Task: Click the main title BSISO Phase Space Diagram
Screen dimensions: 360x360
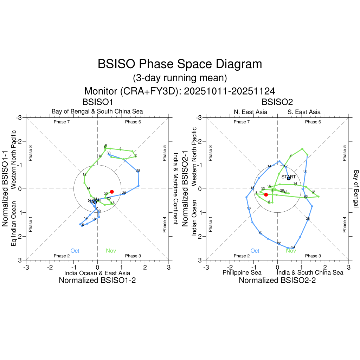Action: [180, 64]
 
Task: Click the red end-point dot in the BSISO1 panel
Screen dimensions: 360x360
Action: [112, 192]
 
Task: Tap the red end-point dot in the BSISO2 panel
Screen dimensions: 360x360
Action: [266, 195]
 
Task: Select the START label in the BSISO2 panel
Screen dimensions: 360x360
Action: [289, 177]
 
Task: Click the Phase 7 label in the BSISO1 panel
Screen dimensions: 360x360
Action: [62, 122]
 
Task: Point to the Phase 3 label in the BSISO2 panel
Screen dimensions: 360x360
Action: [311, 256]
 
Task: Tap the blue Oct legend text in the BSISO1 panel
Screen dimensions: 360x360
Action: [75, 251]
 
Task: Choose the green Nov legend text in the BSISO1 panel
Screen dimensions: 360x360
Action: [111, 251]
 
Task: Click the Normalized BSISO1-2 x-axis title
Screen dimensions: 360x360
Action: [97, 280]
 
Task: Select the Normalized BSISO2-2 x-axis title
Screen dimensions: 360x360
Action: [277, 280]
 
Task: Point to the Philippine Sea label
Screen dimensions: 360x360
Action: [242, 273]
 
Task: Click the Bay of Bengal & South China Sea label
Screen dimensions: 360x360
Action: [97, 112]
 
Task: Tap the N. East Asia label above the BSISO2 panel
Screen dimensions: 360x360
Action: [250, 112]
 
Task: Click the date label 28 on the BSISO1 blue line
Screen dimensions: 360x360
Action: [138, 171]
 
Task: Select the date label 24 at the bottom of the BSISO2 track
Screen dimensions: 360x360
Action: [293, 247]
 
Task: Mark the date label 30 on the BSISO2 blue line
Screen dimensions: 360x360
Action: [305, 171]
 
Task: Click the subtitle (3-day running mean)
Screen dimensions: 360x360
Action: [180, 78]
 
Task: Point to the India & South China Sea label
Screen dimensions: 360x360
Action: [310, 273]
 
